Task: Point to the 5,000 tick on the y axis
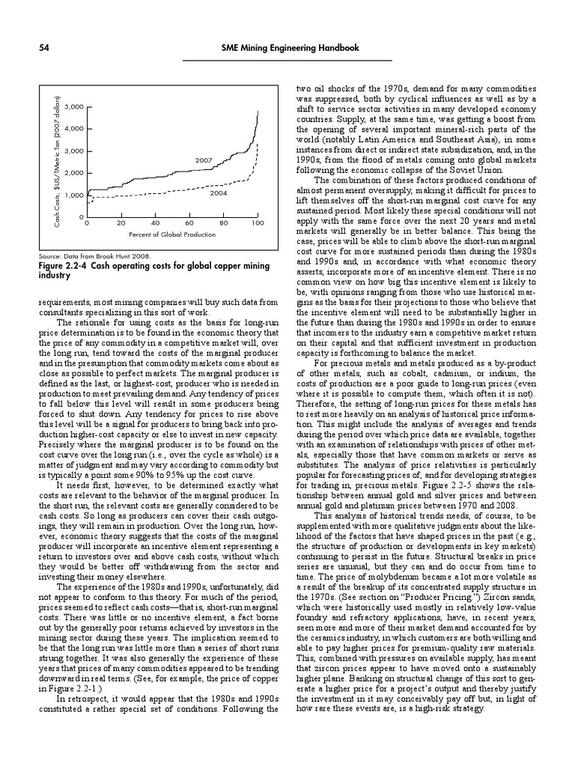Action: (76, 106)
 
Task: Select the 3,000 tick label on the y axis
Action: (76, 151)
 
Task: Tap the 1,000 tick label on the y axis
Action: (76, 195)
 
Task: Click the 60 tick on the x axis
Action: (189, 223)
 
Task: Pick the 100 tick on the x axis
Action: (257, 223)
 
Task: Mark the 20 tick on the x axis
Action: (121, 223)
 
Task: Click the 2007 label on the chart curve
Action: (204, 160)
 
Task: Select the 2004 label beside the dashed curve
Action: (218, 192)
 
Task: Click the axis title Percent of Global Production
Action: (172, 234)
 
